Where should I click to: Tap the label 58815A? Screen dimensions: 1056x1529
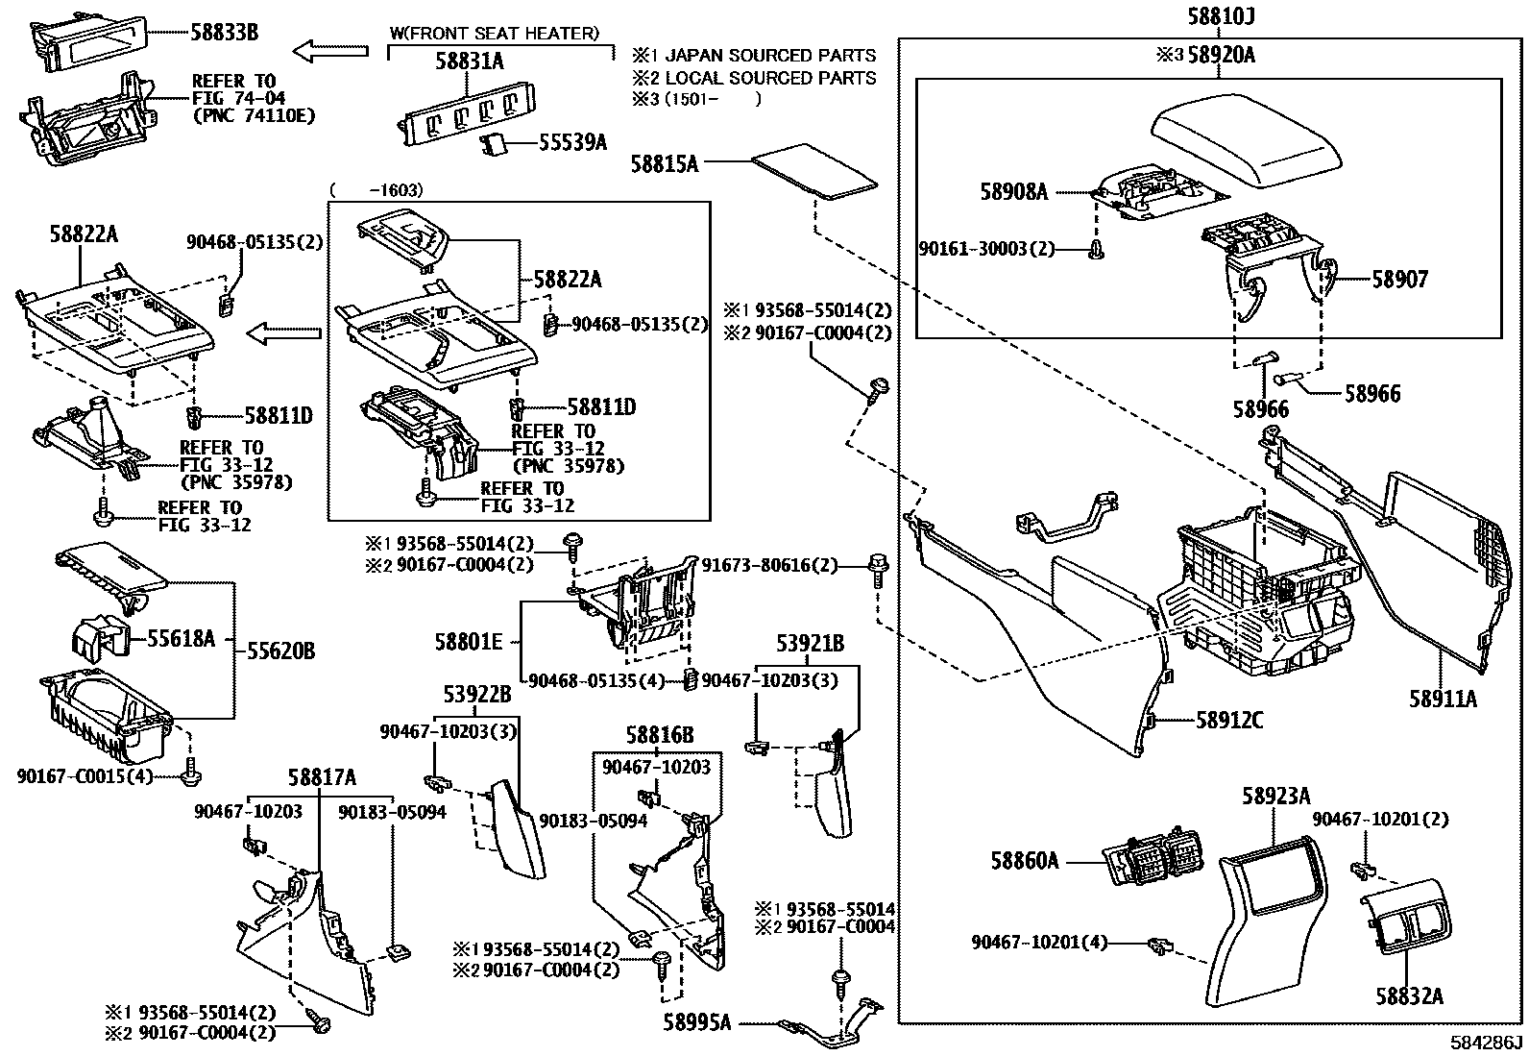pos(665,164)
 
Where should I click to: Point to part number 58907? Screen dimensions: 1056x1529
pos(1399,280)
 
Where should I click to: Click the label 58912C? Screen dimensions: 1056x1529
pos(1230,720)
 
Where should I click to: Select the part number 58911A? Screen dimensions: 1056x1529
pos(1443,700)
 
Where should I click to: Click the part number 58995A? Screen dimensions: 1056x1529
pos(697,1023)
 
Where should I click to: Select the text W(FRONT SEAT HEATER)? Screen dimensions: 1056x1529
pos(495,34)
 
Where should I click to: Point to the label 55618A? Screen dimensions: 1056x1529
pos(181,638)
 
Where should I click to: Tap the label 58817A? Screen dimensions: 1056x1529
pos(322,776)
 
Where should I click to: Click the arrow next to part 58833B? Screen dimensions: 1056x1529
pos(331,50)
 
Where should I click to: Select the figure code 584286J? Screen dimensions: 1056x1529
pos(1487,1043)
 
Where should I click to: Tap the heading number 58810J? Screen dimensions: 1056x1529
pos(1222,16)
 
